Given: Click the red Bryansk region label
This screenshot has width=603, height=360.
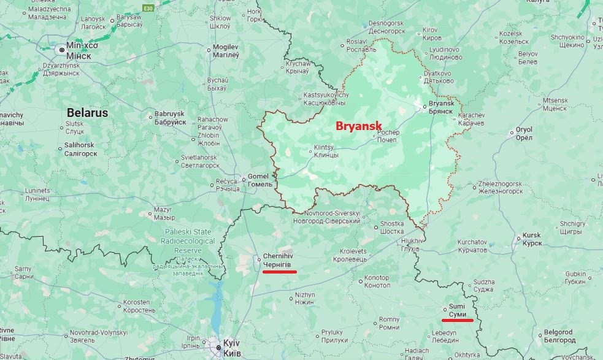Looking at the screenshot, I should click(x=359, y=126).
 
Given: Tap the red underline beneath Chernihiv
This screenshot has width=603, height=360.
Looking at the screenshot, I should click(x=279, y=271).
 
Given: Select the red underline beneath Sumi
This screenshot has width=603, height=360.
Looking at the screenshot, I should click(x=458, y=320).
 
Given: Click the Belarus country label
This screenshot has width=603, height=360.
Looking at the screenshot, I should click(x=87, y=113).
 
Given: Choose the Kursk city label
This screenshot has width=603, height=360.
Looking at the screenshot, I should click(x=532, y=239).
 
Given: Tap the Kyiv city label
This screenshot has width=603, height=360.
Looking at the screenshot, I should click(x=231, y=347).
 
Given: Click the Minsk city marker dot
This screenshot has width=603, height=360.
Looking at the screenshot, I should click(x=61, y=48).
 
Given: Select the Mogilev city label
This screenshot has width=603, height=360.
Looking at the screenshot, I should click(x=225, y=51).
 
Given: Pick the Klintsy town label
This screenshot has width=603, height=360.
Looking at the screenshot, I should click(x=326, y=151).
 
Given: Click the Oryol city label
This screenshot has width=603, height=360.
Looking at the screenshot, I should click(x=524, y=134).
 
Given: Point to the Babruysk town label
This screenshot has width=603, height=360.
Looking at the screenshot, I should click(x=170, y=118).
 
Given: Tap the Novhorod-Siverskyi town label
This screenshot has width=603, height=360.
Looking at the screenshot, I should click(x=331, y=217).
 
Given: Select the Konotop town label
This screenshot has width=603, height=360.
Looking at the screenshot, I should click(x=377, y=281).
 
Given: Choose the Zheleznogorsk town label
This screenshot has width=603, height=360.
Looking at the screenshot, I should click(x=501, y=187).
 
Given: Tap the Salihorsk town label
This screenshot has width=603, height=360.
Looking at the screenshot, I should click(x=80, y=149).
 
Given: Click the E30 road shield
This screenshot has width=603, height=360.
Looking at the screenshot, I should click(x=148, y=8).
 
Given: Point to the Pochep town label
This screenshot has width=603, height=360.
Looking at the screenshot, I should click(x=387, y=136).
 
